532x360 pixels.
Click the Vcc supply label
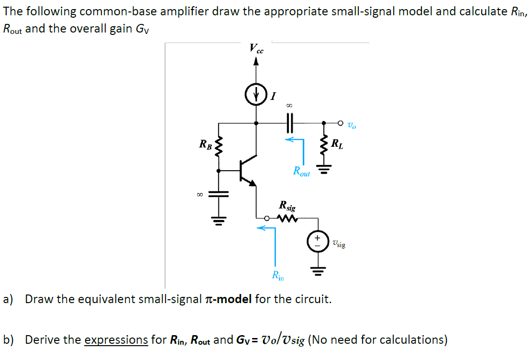point(256,49)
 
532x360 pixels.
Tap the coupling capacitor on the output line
point(289,123)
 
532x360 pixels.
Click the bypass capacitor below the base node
point(219,194)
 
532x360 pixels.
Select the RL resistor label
point(337,142)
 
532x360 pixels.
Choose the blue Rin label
point(277,275)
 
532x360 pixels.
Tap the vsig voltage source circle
point(317,241)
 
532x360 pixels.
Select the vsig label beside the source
point(338,244)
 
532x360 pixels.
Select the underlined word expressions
point(116,340)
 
